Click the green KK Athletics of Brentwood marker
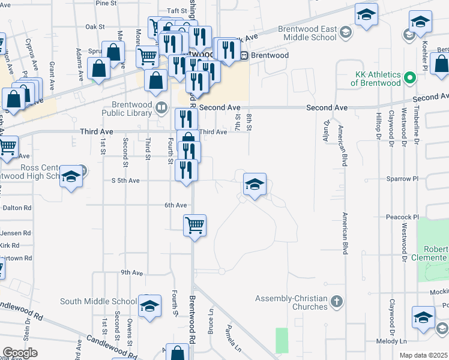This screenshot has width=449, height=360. coord(410,78)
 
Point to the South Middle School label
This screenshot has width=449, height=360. coord(98,301)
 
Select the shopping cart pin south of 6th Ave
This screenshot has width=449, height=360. coord(194,226)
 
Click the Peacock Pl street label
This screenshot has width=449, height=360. coord(402,217)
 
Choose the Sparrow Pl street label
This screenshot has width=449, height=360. coord(402,179)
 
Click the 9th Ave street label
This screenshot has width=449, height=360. coord(131,272)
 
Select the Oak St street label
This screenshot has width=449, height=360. coord(95,26)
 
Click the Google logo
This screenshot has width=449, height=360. coord(20,353)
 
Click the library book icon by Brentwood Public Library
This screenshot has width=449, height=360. coord(161,108)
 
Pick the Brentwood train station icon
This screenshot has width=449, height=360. coord(244,55)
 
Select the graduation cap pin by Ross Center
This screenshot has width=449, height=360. coord(71,178)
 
